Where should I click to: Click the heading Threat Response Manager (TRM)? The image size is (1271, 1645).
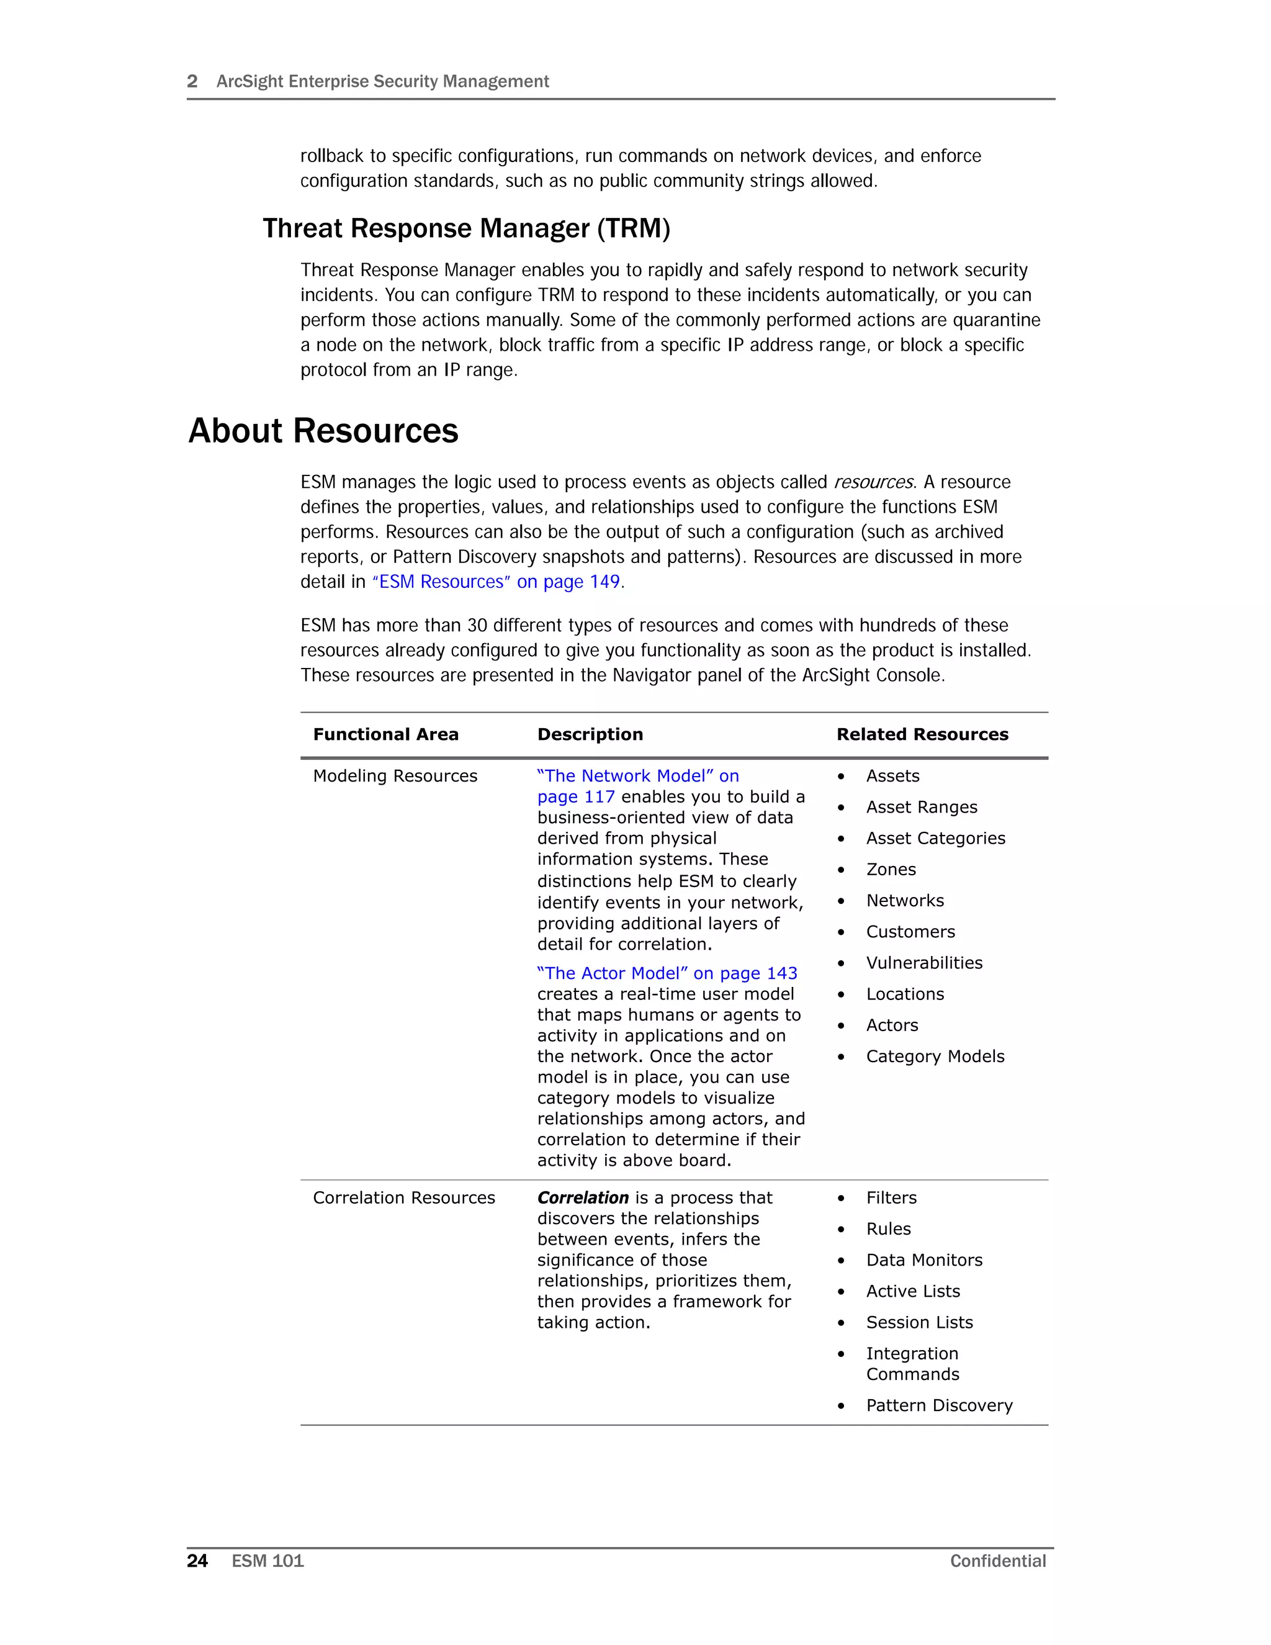coord(466,228)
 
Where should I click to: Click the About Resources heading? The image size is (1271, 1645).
coord(323,431)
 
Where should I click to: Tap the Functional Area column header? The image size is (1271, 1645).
coord(385,734)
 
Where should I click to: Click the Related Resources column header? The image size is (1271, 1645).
coord(922,734)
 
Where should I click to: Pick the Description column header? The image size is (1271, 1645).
coord(590,734)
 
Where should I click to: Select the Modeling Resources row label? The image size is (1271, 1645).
coord(395,776)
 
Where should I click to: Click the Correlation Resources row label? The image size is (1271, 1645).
coord(403,1197)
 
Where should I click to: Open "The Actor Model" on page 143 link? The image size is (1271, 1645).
coord(667,973)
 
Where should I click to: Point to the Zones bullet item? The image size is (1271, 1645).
coord(891,869)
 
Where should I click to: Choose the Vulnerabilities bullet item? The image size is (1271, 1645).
coord(924,963)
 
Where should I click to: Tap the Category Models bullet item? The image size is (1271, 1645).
coord(935,1056)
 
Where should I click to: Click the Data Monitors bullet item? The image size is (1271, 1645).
coord(924,1260)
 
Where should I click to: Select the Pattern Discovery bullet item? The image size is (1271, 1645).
coord(939,1405)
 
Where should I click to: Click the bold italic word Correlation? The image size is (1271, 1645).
coord(582,1197)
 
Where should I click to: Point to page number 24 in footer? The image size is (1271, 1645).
coord(197,1561)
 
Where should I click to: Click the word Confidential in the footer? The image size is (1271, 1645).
coord(998,1561)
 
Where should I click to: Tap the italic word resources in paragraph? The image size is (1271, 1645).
coord(873,482)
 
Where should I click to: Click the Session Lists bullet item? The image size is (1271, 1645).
coord(918,1323)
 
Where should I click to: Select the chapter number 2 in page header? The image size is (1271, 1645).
coord(192,81)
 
